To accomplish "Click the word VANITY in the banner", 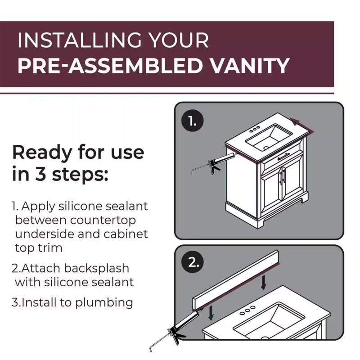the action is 250,65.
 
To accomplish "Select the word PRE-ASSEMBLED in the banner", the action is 112,65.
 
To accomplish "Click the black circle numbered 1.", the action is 193,121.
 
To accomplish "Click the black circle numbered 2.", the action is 193,262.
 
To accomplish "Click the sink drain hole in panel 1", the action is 266,148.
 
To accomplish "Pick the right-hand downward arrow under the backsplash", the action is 264,282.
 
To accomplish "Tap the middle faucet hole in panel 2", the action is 247,310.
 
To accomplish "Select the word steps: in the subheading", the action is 80,174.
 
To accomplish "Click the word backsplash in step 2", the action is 96,268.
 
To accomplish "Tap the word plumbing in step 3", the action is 104,302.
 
